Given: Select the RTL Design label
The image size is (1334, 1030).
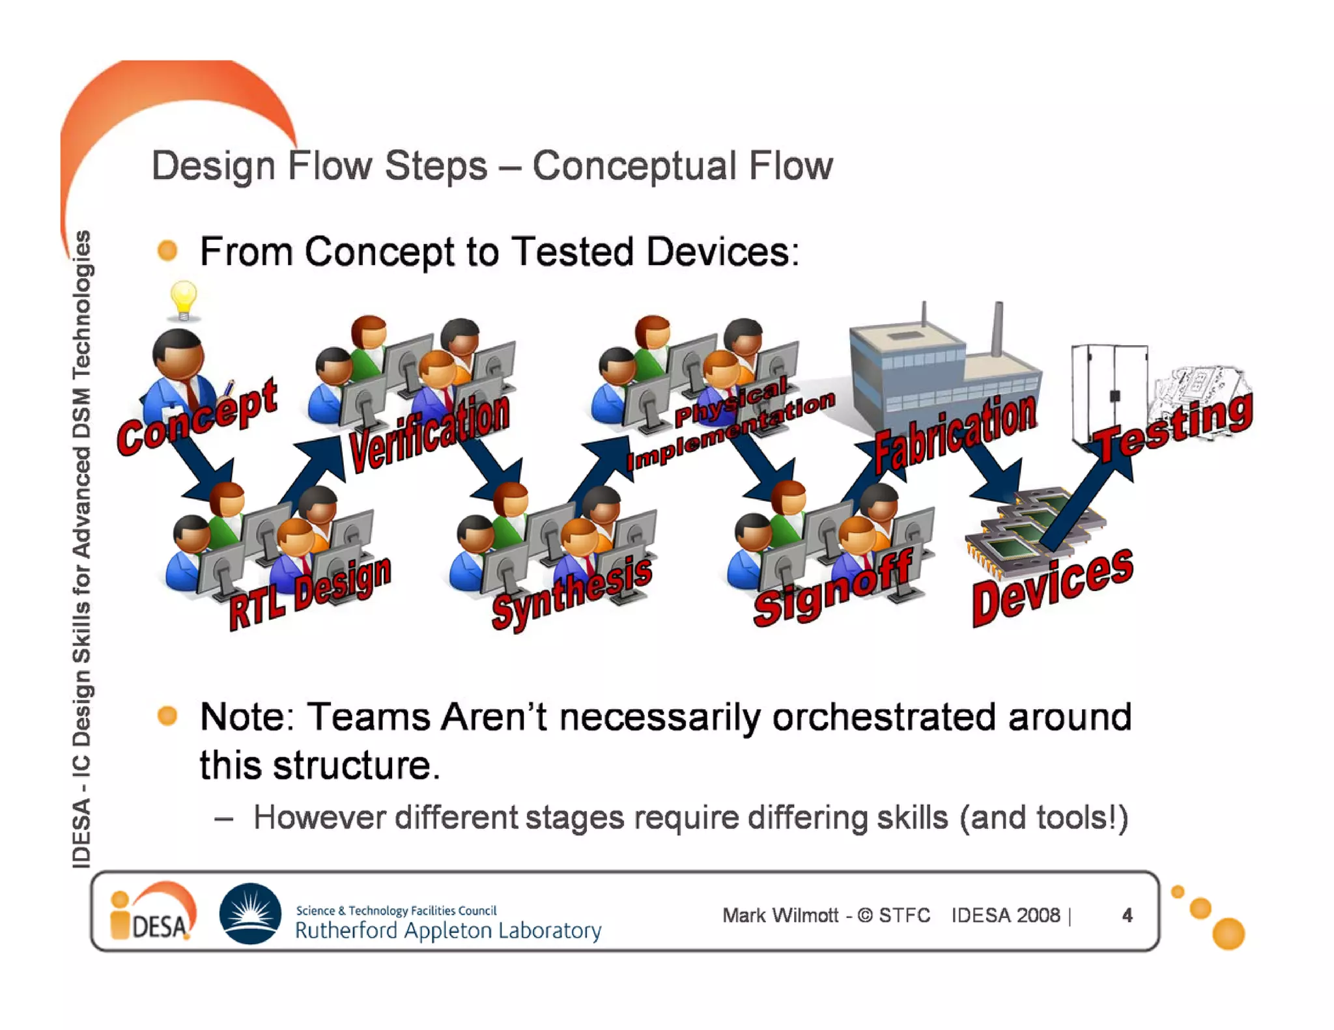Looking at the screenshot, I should click(x=310, y=593).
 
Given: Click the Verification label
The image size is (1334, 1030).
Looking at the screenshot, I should click(x=429, y=432).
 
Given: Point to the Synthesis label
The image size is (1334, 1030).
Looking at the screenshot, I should click(x=571, y=593).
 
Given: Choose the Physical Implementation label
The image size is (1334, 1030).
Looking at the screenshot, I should click(x=730, y=423).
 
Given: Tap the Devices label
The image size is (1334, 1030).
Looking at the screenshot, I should click(x=1052, y=587).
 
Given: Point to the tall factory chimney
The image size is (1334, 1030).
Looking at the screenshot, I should click(x=997, y=329).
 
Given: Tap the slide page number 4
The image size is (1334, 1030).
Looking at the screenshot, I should click(x=1127, y=915).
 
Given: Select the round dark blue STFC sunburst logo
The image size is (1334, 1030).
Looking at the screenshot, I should click(x=250, y=913).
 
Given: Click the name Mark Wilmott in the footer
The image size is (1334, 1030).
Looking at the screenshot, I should click(x=780, y=915).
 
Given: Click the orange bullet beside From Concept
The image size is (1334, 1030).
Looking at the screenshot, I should click(x=168, y=251).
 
